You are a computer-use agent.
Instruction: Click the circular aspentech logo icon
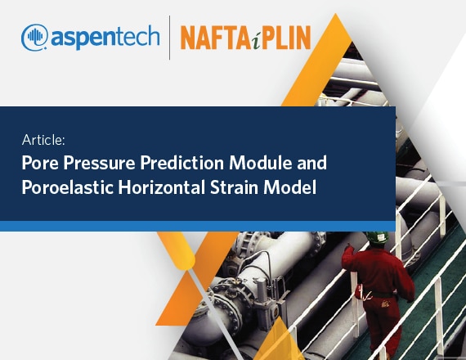[34, 37]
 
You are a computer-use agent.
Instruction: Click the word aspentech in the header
[105, 38]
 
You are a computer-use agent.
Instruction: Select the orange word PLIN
[286, 38]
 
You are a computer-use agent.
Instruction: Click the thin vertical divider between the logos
[170, 38]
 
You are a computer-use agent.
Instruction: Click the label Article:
[43, 140]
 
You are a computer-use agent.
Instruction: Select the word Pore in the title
[40, 163]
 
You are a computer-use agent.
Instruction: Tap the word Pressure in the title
[99, 163]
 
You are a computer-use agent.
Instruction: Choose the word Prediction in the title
[181, 163]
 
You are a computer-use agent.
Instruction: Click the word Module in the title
[260, 163]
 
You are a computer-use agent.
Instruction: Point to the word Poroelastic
[68, 187]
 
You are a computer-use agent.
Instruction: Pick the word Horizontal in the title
[162, 187]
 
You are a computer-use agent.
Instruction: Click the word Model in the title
[290, 187]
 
